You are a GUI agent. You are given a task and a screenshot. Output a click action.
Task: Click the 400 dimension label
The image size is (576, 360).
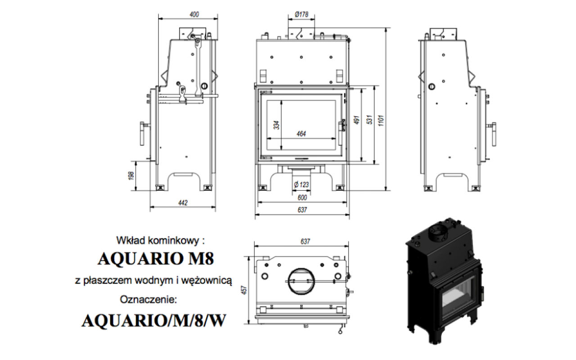194,14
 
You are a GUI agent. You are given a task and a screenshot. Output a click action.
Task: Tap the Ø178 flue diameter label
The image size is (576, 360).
301,14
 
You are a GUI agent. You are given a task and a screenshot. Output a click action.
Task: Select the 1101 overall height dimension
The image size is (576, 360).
381,120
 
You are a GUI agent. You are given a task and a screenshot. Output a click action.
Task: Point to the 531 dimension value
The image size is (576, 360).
369,120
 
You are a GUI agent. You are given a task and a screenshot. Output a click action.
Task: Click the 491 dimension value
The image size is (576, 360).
357,120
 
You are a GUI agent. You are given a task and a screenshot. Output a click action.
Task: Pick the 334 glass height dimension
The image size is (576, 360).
276,125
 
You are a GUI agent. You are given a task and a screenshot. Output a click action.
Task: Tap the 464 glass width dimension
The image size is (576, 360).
301,134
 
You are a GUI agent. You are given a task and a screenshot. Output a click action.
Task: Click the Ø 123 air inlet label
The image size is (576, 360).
301,184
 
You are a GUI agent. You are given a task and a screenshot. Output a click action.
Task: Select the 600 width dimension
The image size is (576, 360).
302,198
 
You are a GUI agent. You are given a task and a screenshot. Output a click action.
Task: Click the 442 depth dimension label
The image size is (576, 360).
183,203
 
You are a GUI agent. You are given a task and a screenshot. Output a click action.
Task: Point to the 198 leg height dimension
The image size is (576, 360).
131,175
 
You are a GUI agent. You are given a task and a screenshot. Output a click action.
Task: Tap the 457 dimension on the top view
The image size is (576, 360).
244,290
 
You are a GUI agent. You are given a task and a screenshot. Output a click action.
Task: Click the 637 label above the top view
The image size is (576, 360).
305,242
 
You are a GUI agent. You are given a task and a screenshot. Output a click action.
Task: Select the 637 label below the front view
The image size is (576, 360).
302,210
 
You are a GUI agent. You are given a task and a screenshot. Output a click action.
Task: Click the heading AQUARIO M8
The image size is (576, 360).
156,259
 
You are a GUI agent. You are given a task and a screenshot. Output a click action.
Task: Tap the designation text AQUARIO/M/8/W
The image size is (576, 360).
154,321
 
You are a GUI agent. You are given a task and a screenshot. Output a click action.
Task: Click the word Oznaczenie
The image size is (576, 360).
148,300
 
